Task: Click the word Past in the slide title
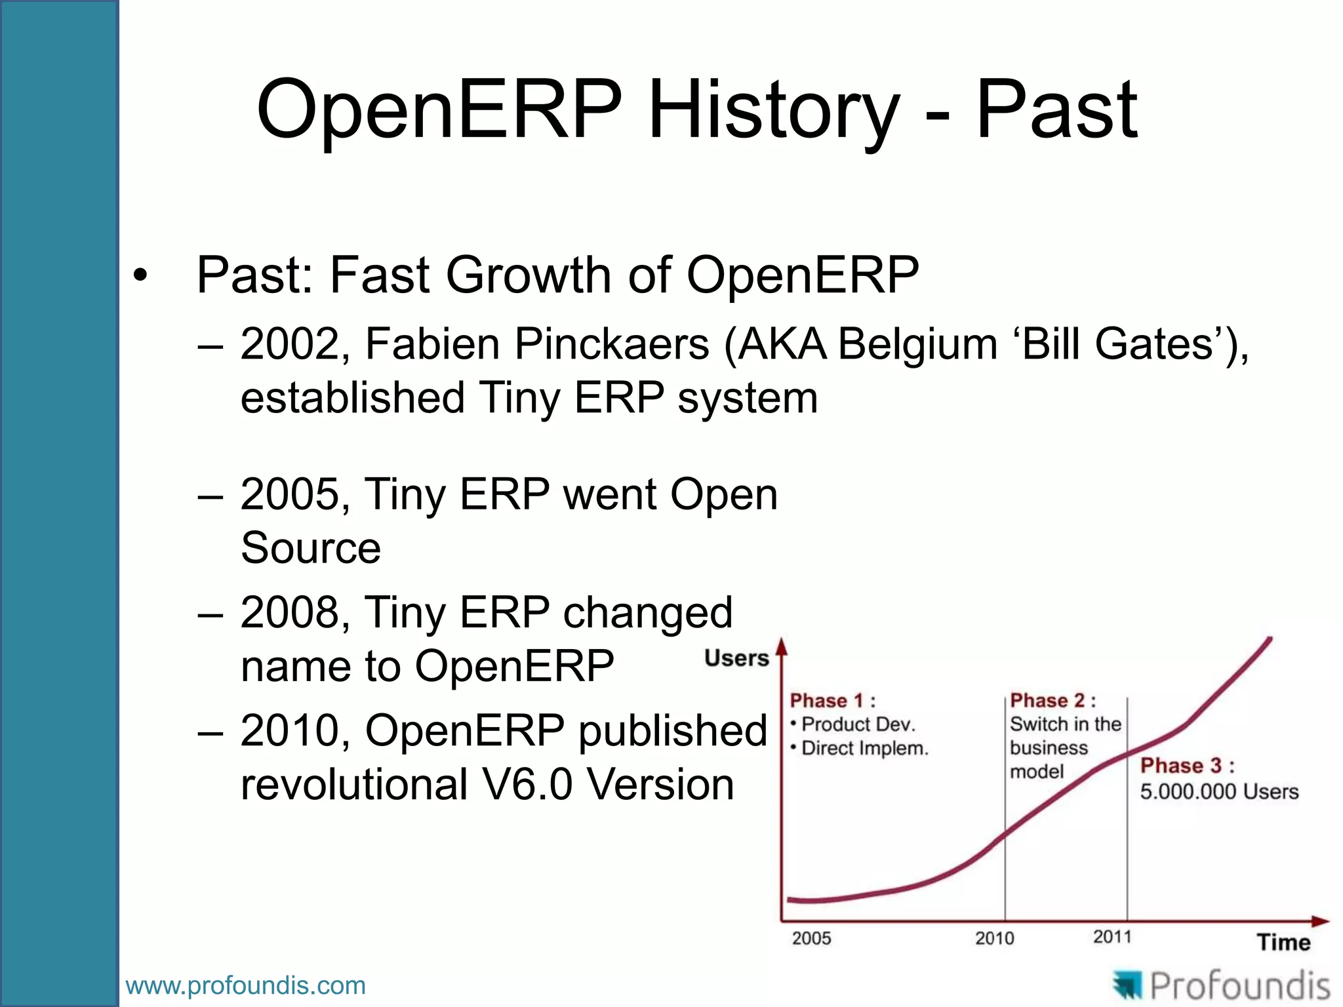pyautogui.click(x=1057, y=110)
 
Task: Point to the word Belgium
pyautogui.click(x=917, y=344)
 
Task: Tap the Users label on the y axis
pyautogui.click(x=736, y=658)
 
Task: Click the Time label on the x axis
pyautogui.click(x=1283, y=942)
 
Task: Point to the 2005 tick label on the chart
pyautogui.click(x=811, y=938)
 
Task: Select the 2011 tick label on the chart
pyautogui.click(x=1112, y=937)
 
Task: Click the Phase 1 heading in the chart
pyautogui.click(x=832, y=701)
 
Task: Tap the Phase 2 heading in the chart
pyautogui.click(x=1052, y=701)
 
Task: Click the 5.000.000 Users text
pyautogui.click(x=1219, y=791)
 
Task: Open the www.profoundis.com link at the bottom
pyautogui.click(x=245, y=985)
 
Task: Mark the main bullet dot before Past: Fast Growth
pyautogui.click(x=140, y=276)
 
